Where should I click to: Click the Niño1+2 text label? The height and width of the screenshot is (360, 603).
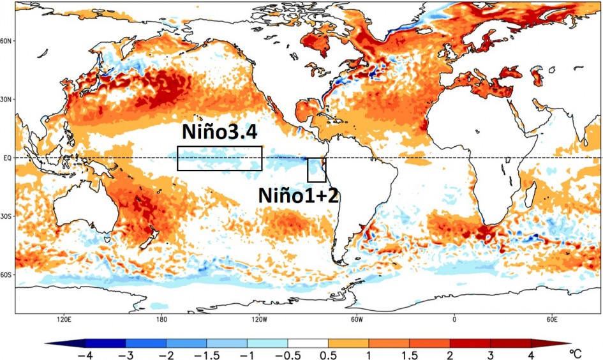pyautogui.click(x=298, y=195)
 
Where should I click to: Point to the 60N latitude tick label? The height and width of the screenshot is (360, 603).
pyautogui.click(x=7, y=41)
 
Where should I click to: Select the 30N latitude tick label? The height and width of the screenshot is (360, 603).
pyautogui.click(x=7, y=100)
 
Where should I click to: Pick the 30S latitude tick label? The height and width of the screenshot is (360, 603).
pyautogui.click(x=7, y=216)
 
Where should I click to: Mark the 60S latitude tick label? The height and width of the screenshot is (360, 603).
pyautogui.click(x=7, y=275)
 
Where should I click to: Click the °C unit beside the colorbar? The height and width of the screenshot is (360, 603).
pyautogui.click(x=576, y=351)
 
